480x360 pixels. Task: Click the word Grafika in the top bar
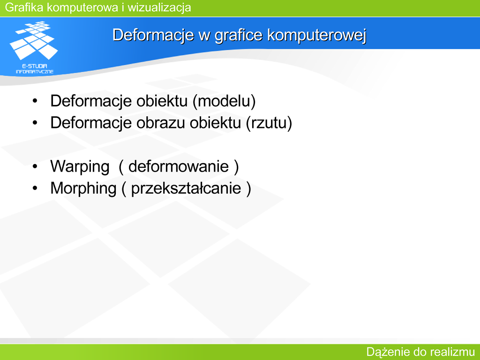24,7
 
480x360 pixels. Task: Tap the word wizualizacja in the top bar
159,7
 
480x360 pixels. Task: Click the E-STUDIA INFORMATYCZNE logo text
35,69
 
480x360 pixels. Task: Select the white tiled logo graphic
34,40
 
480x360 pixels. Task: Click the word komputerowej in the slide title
317,35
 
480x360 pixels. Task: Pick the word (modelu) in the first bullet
224,101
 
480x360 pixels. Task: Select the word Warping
80,167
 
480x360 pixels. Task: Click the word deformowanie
179,166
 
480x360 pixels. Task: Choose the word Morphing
83,188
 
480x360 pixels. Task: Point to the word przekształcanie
186,188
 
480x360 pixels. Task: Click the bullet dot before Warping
35,166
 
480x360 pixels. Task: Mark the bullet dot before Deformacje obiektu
35,101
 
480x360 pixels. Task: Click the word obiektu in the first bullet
162,101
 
